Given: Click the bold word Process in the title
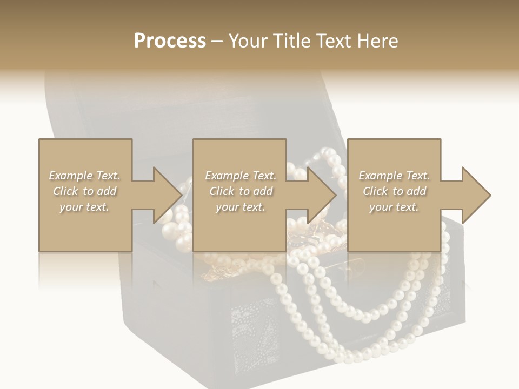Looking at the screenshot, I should coord(170,41).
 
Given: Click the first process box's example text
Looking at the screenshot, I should coord(85,191).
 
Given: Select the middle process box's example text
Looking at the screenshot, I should coord(240,191).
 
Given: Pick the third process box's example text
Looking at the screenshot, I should coord(394,191).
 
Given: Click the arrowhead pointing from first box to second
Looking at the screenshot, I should coord(164,195).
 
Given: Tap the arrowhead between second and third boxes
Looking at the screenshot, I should coord(319,195).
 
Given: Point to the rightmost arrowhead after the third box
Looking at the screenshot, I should coord(474,195).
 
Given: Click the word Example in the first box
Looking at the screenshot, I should coord(71,176).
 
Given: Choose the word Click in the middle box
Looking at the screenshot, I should coord(221,191).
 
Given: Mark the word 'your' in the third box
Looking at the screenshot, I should coord(381,207).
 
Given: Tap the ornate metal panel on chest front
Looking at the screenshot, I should coord(254,330).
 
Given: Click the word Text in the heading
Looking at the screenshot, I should coord(333,41).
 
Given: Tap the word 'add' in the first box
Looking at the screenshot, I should coord(107,191).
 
